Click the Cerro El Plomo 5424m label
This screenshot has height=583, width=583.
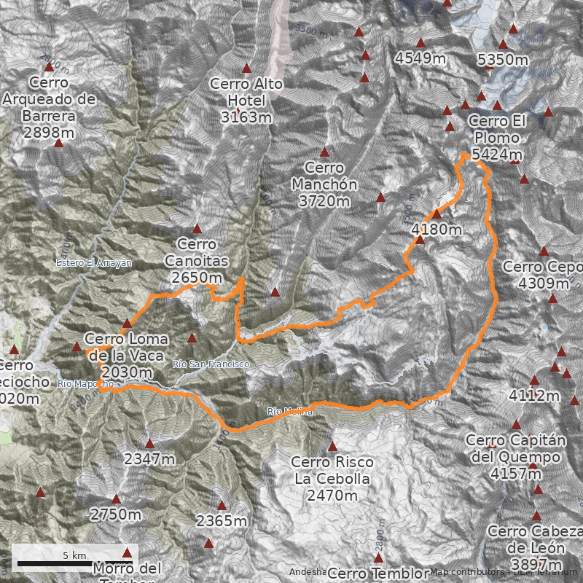click(x=496, y=138)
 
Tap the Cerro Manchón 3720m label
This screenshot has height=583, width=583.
click(x=324, y=184)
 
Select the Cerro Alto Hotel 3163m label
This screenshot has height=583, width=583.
click(x=246, y=100)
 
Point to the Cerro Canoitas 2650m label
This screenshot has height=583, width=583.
click(x=197, y=261)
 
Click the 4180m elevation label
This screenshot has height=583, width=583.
click(x=437, y=230)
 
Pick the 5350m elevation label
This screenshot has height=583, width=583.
click(x=502, y=60)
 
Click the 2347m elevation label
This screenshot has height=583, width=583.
click(x=149, y=459)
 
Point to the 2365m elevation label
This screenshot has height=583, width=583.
click(x=222, y=521)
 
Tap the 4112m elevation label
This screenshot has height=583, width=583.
click(x=534, y=396)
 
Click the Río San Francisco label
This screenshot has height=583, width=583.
click(x=211, y=364)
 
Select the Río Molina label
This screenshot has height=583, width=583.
click(x=290, y=412)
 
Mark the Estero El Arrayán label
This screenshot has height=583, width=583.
click(x=93, y=263)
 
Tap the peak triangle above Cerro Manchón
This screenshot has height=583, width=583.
click(x=324, y=152)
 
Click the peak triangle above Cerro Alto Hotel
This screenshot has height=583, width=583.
click(x=246, y=67)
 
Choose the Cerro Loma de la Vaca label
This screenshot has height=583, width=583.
click(x=125, y=356)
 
